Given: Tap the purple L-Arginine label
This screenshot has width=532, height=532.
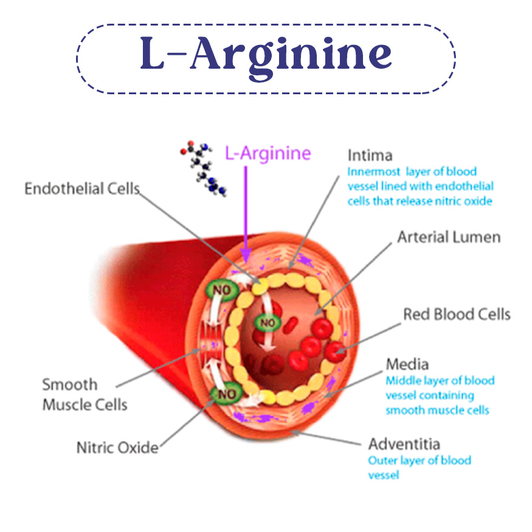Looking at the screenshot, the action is [x=268, y=153].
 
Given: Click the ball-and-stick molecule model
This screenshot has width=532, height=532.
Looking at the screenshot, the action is [x=203, y=168].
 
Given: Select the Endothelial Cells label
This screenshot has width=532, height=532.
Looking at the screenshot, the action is [x=82, y=188].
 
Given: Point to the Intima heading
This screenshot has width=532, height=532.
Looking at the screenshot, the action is [x=370, y=156].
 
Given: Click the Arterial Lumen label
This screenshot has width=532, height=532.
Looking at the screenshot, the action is [x=449, y=237].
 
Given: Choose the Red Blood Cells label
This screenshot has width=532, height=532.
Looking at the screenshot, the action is [x=457, y=314].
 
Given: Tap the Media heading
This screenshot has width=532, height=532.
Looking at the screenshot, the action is [x=407, y=364].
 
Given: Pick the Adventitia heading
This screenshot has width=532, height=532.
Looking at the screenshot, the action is [x=404, y=444].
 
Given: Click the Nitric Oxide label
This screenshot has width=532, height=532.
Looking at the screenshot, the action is [x=117, y=448].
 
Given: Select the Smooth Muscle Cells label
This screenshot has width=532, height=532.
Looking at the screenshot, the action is [x=85, y=395].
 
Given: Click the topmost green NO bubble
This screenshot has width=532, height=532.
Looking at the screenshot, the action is [x=223, y=291].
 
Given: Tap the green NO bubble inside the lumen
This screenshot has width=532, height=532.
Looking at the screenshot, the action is [x=268, y=323].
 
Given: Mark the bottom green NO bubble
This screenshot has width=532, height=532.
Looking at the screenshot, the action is [x=226, y=394].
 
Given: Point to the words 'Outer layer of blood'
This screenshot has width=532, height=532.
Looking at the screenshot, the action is [x=420, y=460].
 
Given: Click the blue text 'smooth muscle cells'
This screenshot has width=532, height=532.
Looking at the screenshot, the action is [x=437, y=410].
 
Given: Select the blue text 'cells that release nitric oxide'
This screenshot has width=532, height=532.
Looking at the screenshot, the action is [x=420, y=201].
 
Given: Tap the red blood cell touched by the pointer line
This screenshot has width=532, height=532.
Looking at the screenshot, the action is [x=335, y=351].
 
